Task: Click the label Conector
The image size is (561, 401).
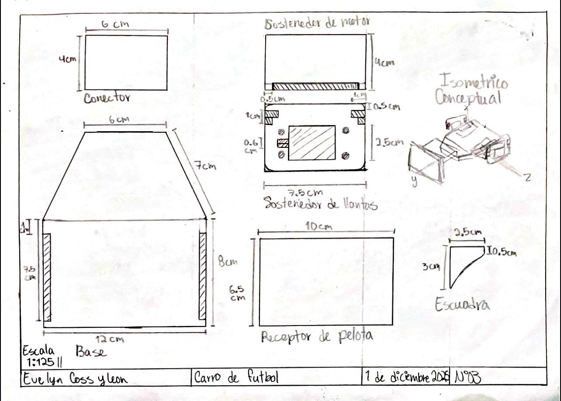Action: coord(107,98)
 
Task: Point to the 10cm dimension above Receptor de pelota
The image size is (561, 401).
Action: coord(319,227)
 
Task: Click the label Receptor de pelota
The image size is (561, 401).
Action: coord(317,337)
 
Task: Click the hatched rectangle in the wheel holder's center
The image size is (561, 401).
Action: coord(312,143)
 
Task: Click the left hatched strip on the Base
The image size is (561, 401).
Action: coord(47,277)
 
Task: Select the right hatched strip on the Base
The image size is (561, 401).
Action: coord(202,277)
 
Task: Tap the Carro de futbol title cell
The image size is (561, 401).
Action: coord(236,378)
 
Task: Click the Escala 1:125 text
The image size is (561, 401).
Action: coord(40,356)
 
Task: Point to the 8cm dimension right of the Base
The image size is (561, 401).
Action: coord(228,262)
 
